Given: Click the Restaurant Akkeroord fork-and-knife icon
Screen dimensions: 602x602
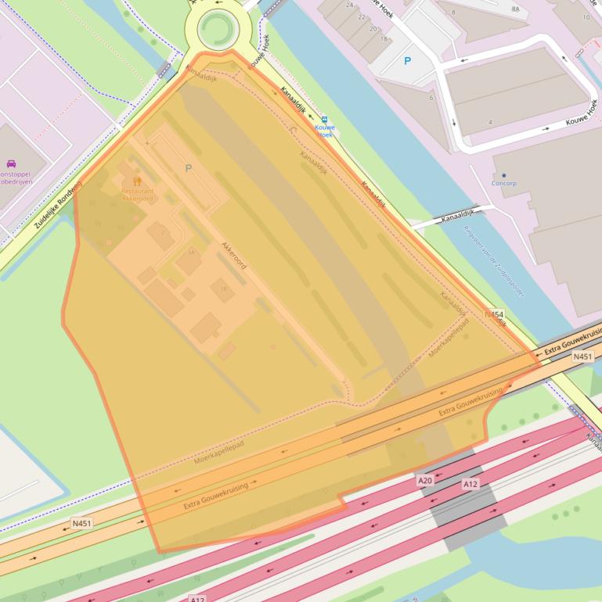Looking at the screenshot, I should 137,181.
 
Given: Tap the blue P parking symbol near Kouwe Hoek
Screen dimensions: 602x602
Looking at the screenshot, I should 407,60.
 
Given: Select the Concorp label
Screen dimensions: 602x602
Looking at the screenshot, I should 503,183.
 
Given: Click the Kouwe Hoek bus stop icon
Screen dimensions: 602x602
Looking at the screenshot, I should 324,120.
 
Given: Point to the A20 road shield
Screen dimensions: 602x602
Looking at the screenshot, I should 424,480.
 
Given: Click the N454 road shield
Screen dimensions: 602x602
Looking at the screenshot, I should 493,314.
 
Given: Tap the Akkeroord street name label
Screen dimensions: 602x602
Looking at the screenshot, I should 234,255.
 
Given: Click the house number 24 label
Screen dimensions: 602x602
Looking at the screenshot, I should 350,6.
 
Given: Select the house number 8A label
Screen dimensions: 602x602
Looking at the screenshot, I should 514,9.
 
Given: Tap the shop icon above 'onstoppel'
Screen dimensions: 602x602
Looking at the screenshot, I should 11,164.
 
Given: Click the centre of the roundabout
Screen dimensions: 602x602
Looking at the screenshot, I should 216,29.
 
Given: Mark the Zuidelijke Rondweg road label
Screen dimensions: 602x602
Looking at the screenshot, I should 57,205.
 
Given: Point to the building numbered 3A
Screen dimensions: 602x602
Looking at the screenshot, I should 189,258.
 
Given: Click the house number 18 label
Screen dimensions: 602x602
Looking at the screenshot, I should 384,38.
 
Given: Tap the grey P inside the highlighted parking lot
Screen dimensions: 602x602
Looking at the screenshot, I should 188,168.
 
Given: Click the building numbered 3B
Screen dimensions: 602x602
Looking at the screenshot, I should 222,288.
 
